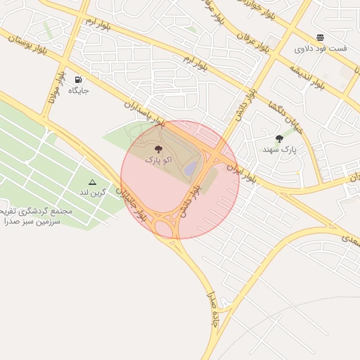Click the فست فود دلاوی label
click(x=320, y=49)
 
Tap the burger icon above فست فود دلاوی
click(x=320, y=37)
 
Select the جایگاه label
click(x=78, y=91)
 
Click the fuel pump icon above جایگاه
click(x=77, y=79)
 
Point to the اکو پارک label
click(x=157, y=160)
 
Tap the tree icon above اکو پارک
click(x=157, y=149)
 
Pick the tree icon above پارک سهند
click(x=280, y=139)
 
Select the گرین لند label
click(x=92, y=192)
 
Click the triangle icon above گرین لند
click(x=92, y=181)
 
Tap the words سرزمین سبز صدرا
click(x=32, y=221)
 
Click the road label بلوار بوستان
click(x=29, y=45)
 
